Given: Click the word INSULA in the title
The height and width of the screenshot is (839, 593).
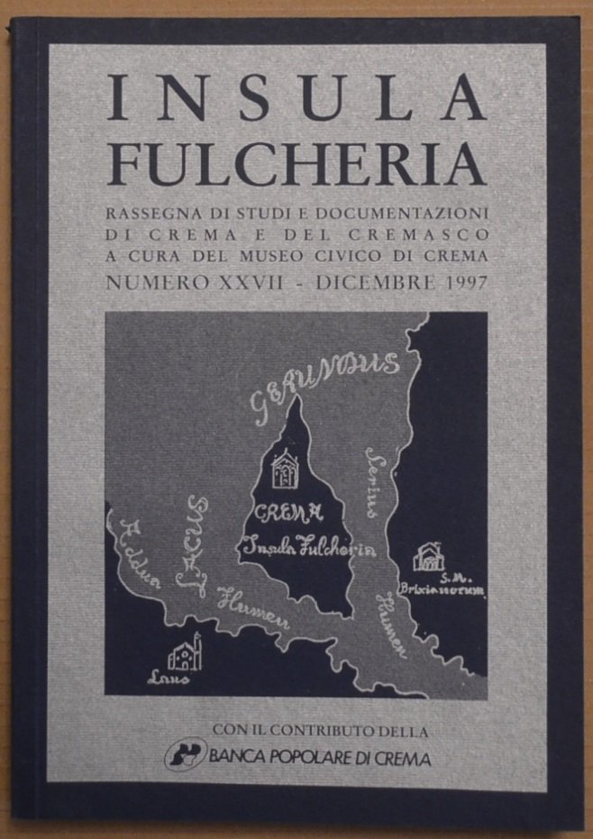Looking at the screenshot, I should click(x=296, y=101).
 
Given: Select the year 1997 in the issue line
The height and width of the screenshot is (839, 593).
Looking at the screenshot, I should click(x=461, y=282).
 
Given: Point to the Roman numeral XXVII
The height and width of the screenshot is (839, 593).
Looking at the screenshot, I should click(x=254, y=282).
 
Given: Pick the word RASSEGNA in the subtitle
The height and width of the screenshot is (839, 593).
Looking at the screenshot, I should click(x=148, y=213).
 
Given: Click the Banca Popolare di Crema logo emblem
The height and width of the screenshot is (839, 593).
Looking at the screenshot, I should click(x=186, y=754).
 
